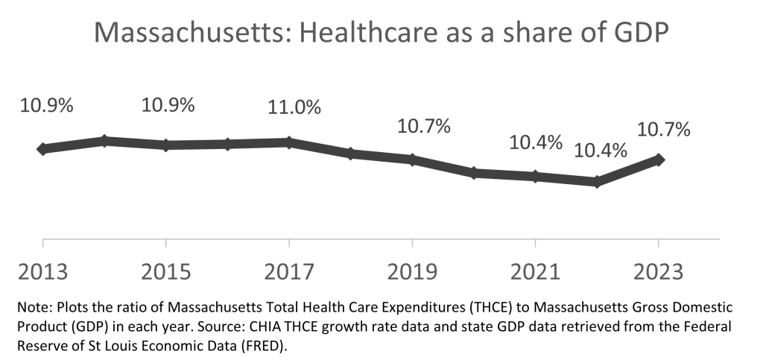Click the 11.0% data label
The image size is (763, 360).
295,108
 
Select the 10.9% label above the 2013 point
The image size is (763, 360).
47,105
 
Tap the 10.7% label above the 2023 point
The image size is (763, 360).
664,130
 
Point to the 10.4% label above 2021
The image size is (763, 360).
536,142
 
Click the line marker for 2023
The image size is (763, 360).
659,159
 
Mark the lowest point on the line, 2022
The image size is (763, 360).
597,181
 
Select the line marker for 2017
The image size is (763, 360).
289,142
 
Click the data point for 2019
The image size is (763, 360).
412,160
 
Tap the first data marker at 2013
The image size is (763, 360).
43,149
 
